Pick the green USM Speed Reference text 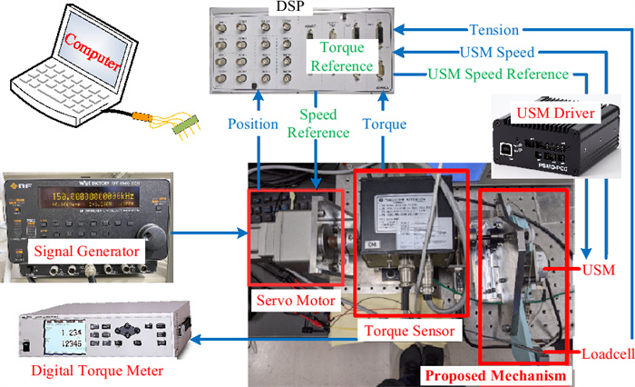tap(501, 74)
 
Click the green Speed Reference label tap(314, 124)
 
